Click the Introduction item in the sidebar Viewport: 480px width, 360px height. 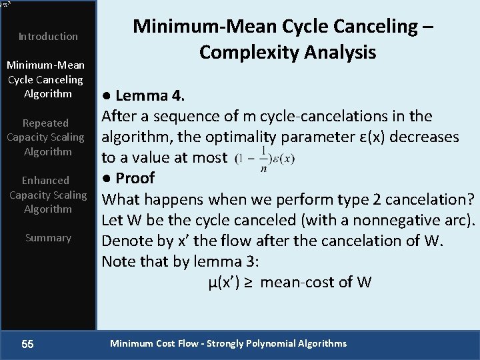point(48,36)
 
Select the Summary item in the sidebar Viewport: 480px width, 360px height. point(48,237)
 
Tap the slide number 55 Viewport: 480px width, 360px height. point(27,344)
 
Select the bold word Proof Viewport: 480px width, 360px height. point(135,178)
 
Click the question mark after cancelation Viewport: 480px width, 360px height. point(471,199)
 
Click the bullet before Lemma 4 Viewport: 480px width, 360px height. point(105,95)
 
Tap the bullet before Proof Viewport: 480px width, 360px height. point(105,178)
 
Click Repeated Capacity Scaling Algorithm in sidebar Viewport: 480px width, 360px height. point(45,137)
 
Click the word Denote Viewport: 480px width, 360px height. point(126,241)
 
